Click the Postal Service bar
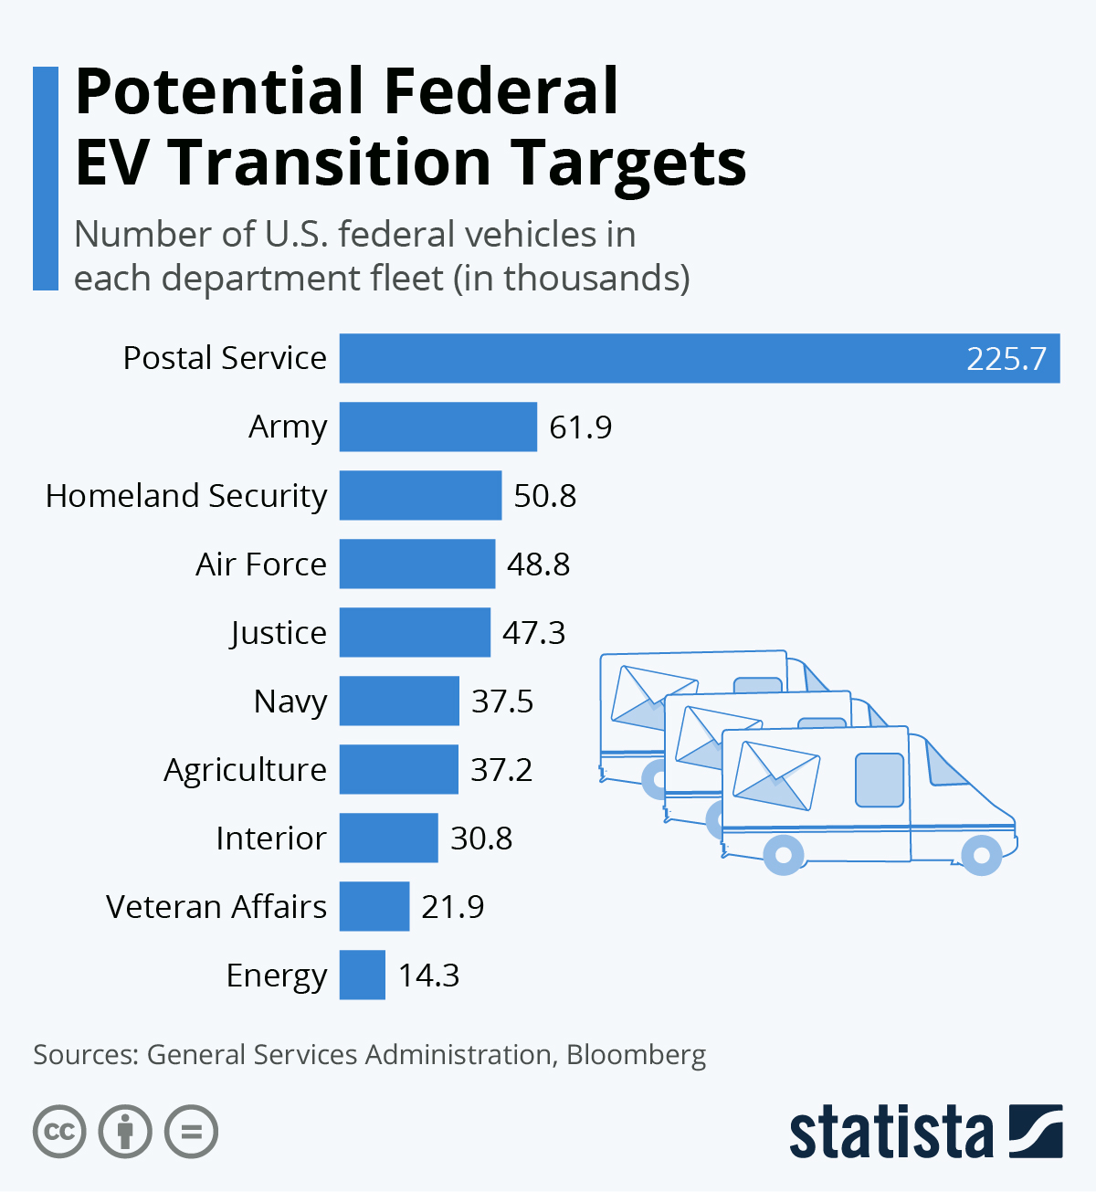coord(699,358)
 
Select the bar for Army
coord(438,427)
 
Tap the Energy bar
coord(363,975)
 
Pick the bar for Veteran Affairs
coord(374,906)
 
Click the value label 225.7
coord(1006,358)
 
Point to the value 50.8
coord(545,496)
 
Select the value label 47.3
coord(534,633)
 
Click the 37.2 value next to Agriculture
coord(501,770)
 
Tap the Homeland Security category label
coord(186,496)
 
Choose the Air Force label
coord(261,564)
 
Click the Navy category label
coord(290,701)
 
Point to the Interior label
coord(271,839)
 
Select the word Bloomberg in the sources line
coord(636,1054)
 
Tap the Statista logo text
coord(890,1133)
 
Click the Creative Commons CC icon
coord(59,1133)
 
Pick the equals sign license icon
coord(191,1133)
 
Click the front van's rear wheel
coord(784,854)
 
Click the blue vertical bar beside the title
coord(46,178)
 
